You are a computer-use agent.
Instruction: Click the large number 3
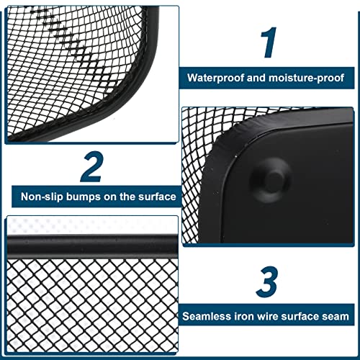click(x=267, y=283)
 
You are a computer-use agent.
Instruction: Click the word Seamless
click(x=207, y=316)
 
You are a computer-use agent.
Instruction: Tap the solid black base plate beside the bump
click(x=317, y=194)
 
